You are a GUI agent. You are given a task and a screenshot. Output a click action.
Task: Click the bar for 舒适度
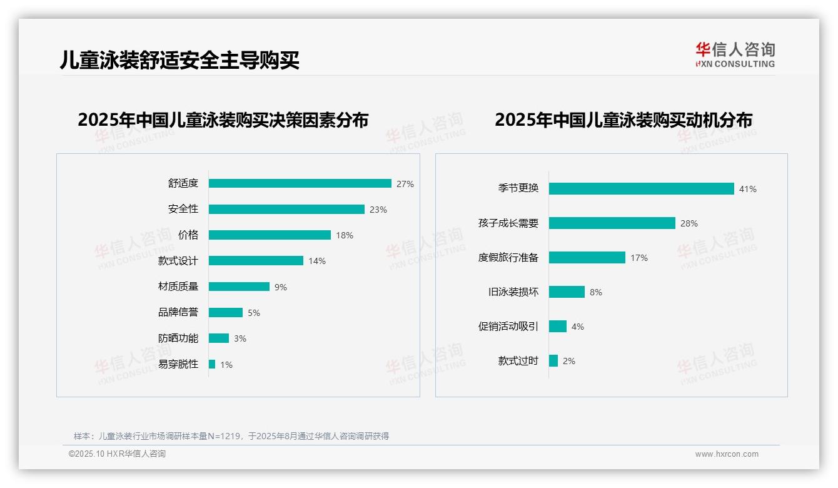300,183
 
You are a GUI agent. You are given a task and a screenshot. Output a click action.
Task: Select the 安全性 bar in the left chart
286,209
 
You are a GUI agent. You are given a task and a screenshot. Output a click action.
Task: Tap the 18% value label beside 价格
345,235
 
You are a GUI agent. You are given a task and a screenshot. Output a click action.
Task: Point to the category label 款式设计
178,261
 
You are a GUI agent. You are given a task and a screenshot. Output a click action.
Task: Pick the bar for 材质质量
239,287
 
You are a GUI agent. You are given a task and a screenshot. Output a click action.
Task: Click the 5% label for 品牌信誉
253,313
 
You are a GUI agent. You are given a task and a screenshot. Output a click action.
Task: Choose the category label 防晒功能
178,338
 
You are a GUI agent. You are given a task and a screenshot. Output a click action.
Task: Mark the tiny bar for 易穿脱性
212,364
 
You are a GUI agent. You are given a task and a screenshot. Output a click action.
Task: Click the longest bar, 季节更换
641,188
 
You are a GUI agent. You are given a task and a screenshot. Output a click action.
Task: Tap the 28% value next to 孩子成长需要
689,223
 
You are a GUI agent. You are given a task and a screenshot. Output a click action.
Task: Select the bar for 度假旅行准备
587,257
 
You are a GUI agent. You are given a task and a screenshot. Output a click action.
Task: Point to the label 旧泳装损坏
513,292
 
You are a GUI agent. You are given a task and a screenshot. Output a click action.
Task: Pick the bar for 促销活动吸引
558,326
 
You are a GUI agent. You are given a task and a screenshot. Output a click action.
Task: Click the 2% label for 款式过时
568,361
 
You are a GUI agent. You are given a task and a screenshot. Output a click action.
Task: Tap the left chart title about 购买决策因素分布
223,119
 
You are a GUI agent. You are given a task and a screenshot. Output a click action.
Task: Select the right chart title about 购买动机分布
623,119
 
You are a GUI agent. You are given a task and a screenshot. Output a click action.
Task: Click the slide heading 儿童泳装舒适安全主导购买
180,59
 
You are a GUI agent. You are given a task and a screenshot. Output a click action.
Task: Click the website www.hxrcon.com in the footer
727,454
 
